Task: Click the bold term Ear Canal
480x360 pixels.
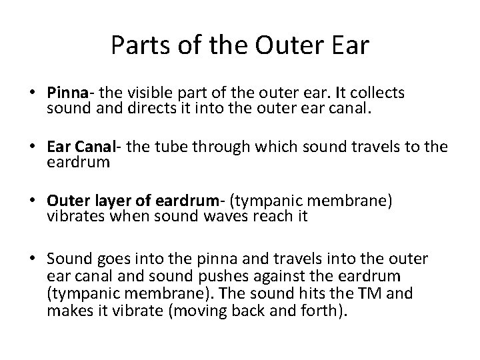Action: (x=77, y=147)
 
